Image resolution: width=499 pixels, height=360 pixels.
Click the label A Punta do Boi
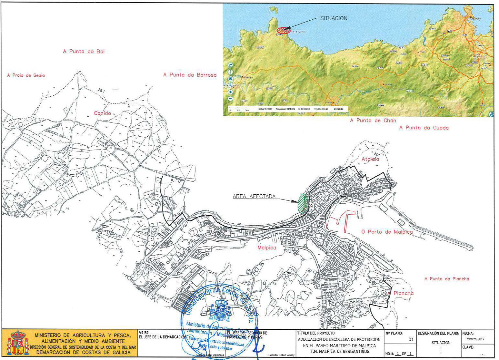tap(84, 51)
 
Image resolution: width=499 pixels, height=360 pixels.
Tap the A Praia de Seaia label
tap(26, 75)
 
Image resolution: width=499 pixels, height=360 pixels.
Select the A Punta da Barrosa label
tap(190, 75)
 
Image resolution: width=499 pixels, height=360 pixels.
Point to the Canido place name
tap(102, 113)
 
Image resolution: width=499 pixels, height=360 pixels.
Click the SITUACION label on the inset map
tap(334, 18)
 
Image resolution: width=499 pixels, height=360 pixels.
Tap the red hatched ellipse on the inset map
tap(284, 30)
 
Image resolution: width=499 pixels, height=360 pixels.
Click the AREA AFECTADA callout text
tap(254, 196)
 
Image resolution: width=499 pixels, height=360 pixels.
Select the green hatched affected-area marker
tap(303, 203)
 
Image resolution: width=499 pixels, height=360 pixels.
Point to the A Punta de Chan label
tap(373, 121)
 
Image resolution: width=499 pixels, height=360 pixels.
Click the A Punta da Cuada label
tap(424, 128)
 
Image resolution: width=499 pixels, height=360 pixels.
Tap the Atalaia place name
tap(370, 159)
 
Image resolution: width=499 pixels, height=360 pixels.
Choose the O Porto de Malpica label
tap(387, 232)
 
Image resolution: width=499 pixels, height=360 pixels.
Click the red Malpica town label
tap(267, 248)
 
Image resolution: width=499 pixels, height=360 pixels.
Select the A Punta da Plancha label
tap(446, 279)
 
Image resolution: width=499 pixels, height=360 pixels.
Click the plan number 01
tap(411, 339)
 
